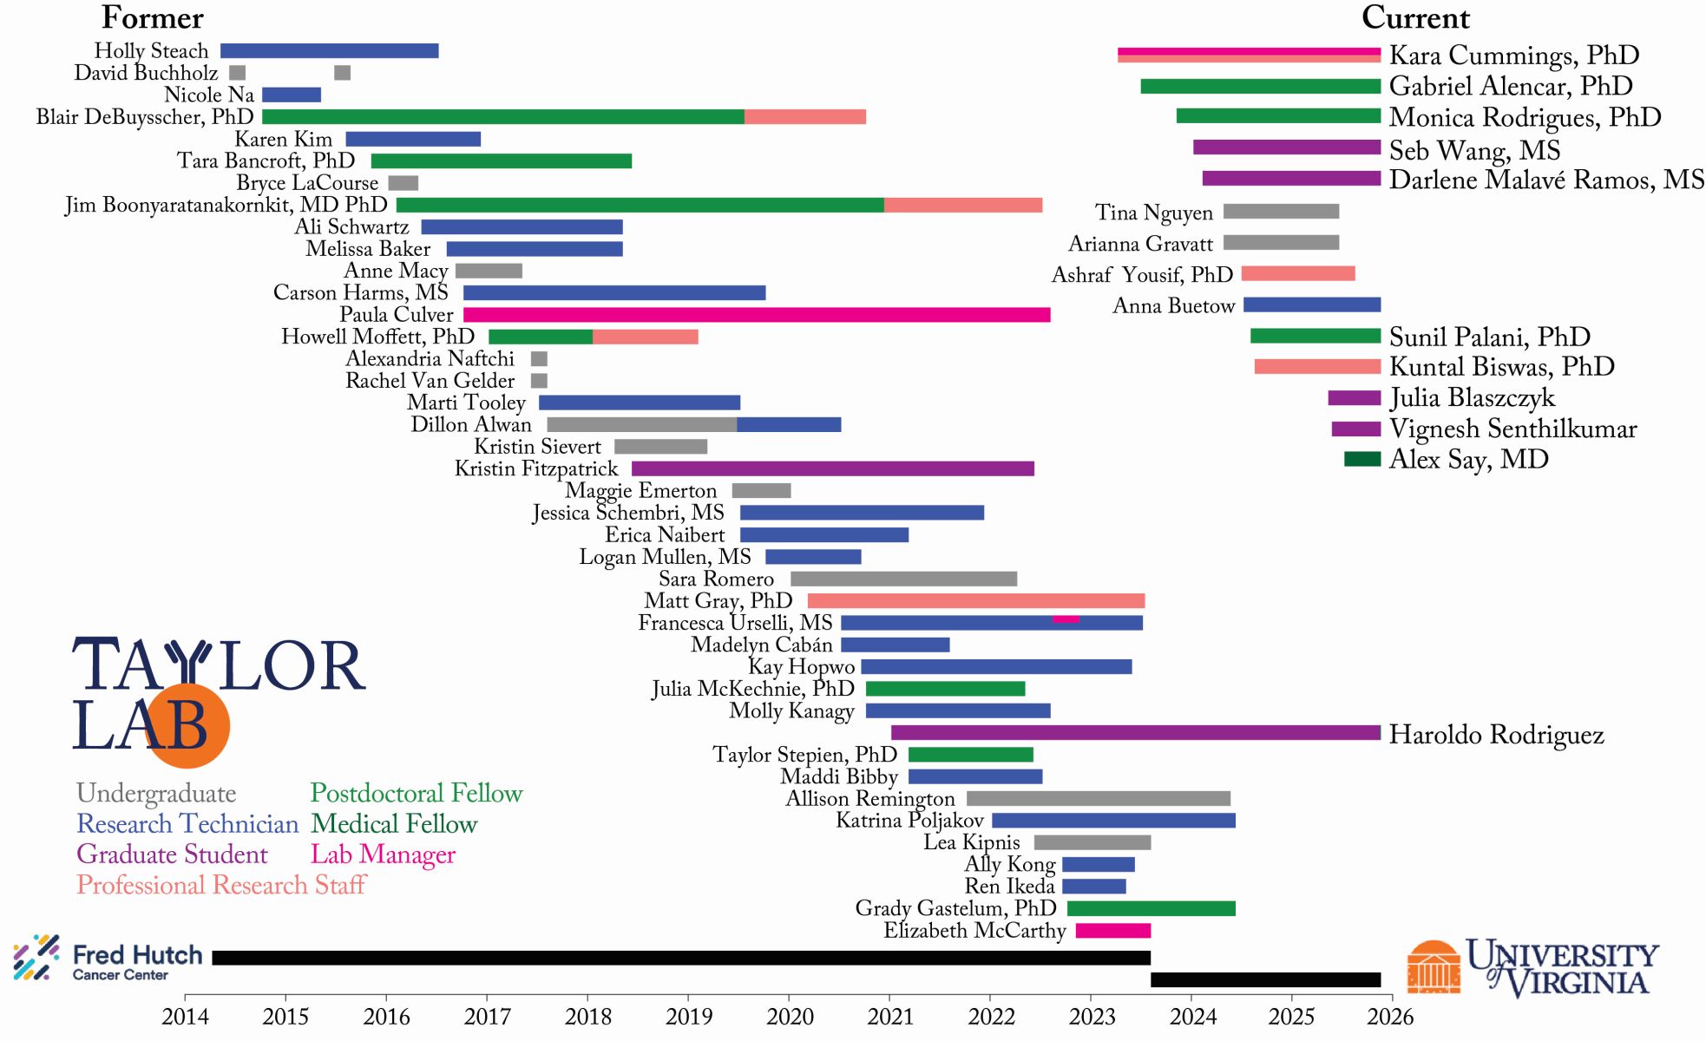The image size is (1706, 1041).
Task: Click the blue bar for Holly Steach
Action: click(329, 51)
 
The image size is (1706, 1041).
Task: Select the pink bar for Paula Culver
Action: click(756, 315)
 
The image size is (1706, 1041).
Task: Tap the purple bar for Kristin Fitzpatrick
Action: click(832, 469)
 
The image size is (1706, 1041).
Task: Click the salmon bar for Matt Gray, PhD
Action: click(975, 601)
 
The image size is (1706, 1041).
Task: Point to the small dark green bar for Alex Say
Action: click(1362, 459)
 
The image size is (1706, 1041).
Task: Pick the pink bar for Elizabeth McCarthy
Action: click(1112, 931)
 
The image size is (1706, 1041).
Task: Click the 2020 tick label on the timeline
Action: click(790, 1017)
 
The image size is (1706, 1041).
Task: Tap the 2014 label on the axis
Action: click(185, 1017)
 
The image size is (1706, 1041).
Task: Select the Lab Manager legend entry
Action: click(383, 854)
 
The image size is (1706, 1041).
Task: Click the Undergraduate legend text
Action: click(156, 794)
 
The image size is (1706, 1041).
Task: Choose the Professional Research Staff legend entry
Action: click(221, 885)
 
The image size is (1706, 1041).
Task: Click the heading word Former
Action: click(153, 18)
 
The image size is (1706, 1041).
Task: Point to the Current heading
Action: click(1415, 18)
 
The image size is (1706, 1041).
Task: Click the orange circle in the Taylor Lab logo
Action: click(187, 726)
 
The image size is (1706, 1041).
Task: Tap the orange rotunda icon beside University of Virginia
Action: click(1433, 967)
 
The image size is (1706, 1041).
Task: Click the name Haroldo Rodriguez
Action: click(1496, 735)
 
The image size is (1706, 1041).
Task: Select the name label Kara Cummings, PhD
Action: click(1513, 56)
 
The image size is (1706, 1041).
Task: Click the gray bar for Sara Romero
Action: click(903, 579)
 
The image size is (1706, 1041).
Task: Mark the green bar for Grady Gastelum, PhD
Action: click(1151, 909)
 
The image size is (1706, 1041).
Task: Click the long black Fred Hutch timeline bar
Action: click(680, 958)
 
